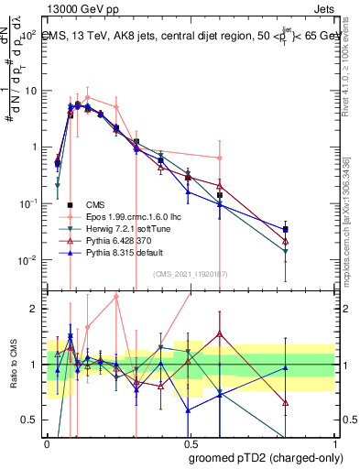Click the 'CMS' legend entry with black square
point(96,205)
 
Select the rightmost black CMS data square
point(286,229)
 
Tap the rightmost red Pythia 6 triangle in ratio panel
point(286,402)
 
